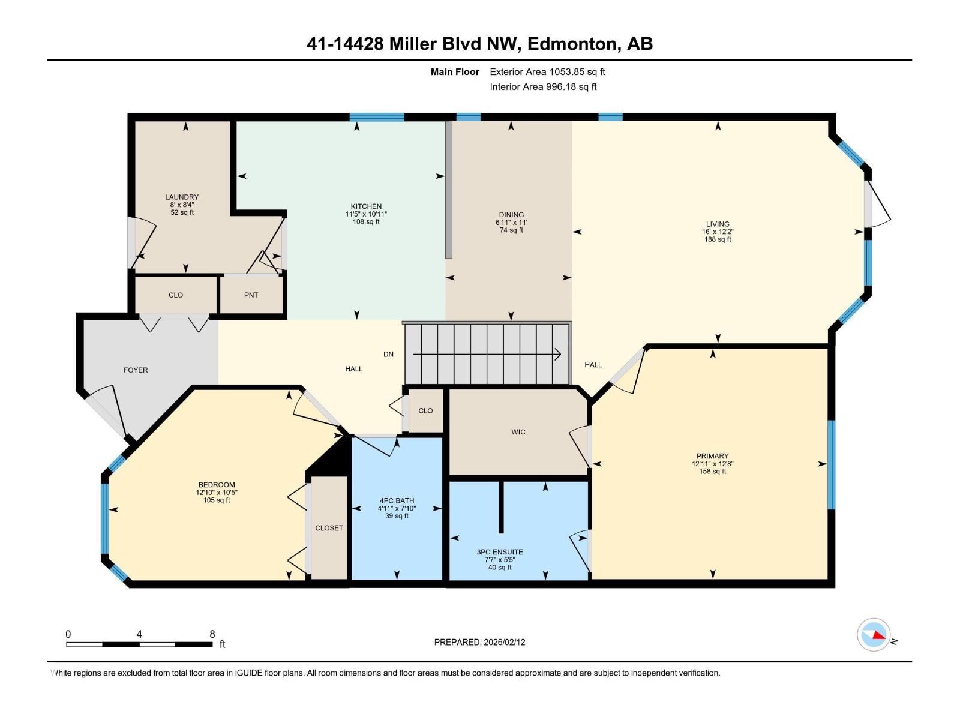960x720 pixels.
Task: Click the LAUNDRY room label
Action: point(182,197)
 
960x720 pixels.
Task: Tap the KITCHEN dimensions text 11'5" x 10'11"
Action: point(366,214)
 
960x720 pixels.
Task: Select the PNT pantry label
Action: point(251,295)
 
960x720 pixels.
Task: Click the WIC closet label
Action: point(518,432)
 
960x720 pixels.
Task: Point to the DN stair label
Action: point(388,354)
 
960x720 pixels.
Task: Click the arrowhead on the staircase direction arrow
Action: point(557,354)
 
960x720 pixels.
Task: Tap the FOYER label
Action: point(136,370)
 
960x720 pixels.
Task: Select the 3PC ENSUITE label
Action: point(500,552)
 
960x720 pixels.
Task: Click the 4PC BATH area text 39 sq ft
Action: point(397,516)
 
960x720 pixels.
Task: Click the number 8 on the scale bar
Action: point(212,634)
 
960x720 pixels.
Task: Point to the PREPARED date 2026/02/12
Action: point(504,642)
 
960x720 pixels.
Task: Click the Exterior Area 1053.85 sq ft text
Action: point(547,71)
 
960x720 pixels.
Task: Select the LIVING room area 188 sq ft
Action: point(718,239)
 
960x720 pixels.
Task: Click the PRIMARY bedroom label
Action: point(712,456)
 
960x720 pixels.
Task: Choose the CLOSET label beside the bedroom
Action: point(329,528)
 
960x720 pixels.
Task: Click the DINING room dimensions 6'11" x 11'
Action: point(511,223)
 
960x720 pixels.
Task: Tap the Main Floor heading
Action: point(455,72)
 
